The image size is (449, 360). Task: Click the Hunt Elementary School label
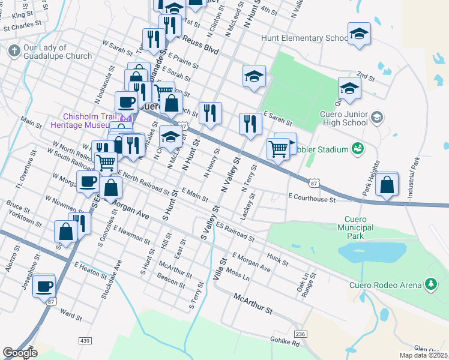pos(301,38)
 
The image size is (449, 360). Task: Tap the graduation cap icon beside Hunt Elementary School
pos(359,34)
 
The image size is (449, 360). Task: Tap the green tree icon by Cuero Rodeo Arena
pos(430,283)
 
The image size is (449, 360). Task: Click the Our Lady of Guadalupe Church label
pos(58,52)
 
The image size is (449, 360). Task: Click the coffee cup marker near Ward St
pos(44,286)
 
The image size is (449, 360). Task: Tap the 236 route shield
pos(301,334)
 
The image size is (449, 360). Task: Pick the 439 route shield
pos(83,340)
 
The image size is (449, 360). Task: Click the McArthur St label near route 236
pos(253,304)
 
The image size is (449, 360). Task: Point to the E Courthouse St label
pos(312,197)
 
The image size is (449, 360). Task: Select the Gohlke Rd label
pos(285,343)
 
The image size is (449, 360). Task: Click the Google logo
pos(20,353)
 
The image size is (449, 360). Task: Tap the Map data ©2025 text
pos(424,355)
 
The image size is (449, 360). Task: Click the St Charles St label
pos(22,27)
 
